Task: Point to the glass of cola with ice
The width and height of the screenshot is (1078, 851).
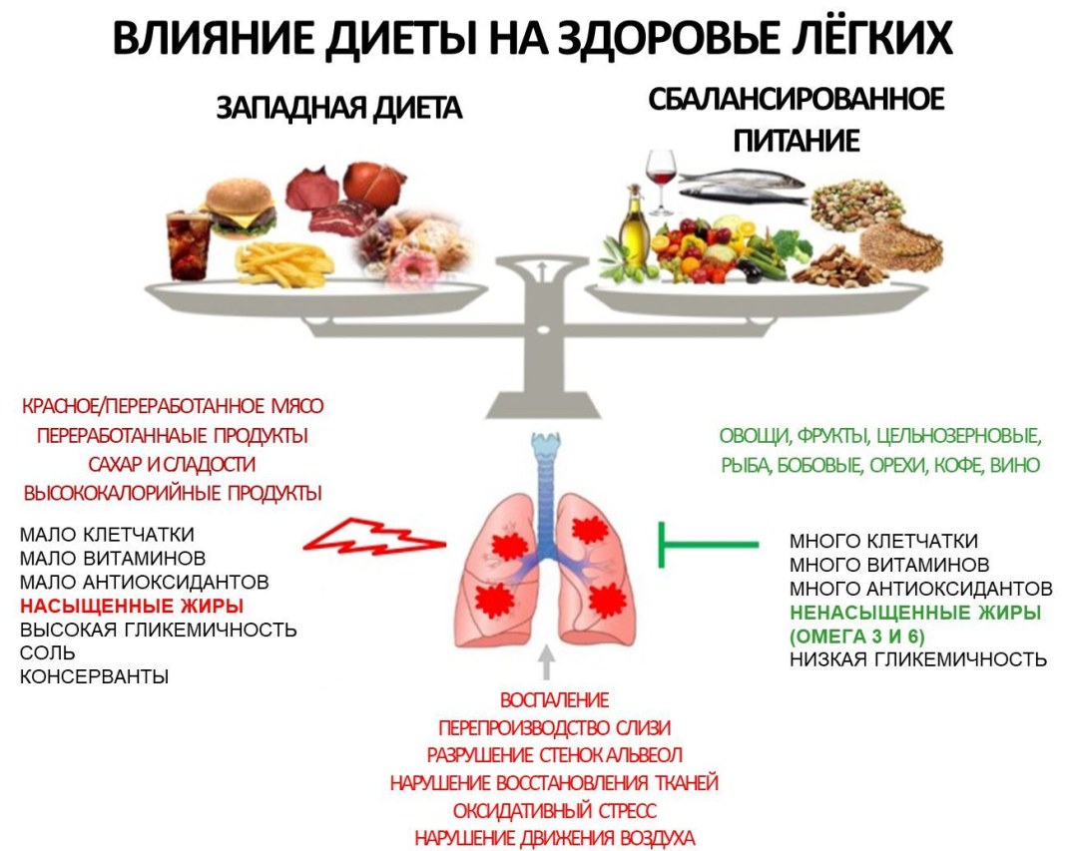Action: [x=189, y=244]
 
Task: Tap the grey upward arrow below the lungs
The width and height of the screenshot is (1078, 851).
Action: [x=544, y=661]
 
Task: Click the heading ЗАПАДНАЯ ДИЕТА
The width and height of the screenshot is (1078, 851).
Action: [x=339, y=109]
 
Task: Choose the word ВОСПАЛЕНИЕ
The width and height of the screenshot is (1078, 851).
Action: [x=554, y=700]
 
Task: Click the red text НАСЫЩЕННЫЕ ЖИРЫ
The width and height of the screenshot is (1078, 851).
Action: [x=132, y=606]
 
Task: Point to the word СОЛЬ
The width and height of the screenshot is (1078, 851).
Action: [x=47, y=653]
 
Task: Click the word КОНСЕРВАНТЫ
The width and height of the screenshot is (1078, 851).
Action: [x=94, y=677]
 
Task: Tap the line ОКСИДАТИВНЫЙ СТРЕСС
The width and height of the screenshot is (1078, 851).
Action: [x=554, y=809]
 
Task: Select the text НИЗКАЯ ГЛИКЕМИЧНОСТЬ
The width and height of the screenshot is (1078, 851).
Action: [x=917, y=659]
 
